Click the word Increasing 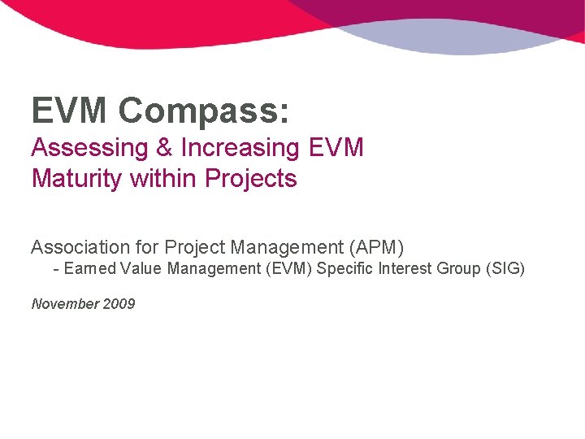tap(240, 149)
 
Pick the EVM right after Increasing tap(336, 148)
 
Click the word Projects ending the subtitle tap(251, 179)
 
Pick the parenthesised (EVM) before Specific tap(288, 268)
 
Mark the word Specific tap(344, 268)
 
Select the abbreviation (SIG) tap(505, 268)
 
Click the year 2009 tap(119, 304)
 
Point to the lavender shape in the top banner tap(455, 37)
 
